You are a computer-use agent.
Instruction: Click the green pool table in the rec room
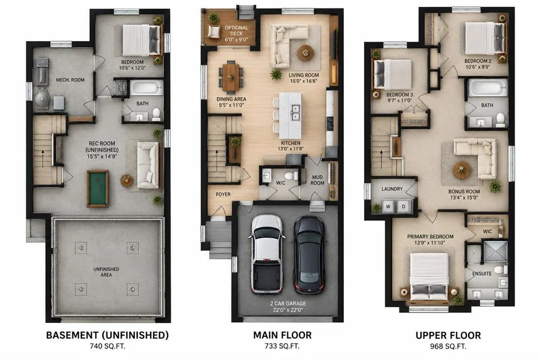[x=98, y=188]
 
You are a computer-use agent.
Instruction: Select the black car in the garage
[x=309, y=255]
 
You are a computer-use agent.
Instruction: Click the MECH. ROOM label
[x=70, y=80]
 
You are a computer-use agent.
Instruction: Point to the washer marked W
[x=388, y=206]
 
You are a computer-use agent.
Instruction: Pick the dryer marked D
[x=404, y=206]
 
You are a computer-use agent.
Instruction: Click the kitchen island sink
[x=295, y=112]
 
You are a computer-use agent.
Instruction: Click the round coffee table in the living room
[x=305, y=53]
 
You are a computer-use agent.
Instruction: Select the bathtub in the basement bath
[x=146, y=88]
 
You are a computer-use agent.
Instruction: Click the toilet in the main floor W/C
[x=292, y=176]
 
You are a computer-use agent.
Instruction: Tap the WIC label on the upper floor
[x=487, y=231]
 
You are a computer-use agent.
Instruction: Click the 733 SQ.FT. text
[x=282, y=346]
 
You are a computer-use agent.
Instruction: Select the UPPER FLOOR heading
[x=448, y=336]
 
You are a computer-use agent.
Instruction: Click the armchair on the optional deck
[x=214, y=31]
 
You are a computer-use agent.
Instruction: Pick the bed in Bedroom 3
[x=393, y=74]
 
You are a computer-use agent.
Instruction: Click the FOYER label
[x=223, y=194]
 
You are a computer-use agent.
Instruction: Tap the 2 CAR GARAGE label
[x=288, y=304]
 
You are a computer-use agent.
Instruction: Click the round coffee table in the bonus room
[x=462, y=170]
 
